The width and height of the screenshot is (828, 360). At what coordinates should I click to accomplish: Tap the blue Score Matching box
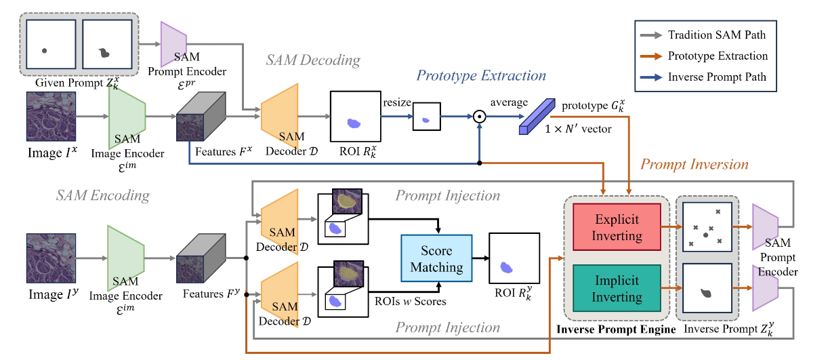[436, 258]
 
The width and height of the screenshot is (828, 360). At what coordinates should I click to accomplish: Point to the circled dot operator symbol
[480, 115]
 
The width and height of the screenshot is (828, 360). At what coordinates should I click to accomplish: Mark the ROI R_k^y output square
[514, 258]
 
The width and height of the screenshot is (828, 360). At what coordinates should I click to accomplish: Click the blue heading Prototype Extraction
[481, 75]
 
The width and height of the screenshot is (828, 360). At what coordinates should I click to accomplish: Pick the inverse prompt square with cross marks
[707, 228]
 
